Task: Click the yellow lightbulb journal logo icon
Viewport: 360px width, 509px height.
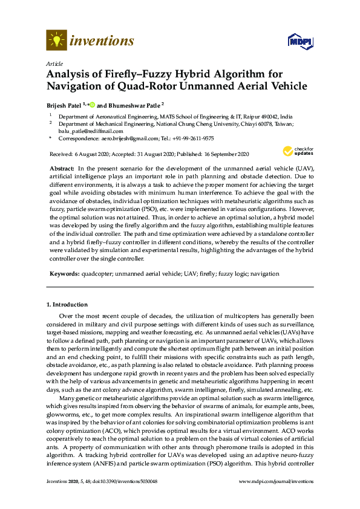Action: [x=56, y=41]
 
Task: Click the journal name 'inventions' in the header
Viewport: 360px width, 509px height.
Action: [x=102, y=41]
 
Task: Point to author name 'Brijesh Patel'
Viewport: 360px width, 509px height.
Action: [x=64, y=105]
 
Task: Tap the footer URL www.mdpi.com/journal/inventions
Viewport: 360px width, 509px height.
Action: [x=277, y=481]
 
